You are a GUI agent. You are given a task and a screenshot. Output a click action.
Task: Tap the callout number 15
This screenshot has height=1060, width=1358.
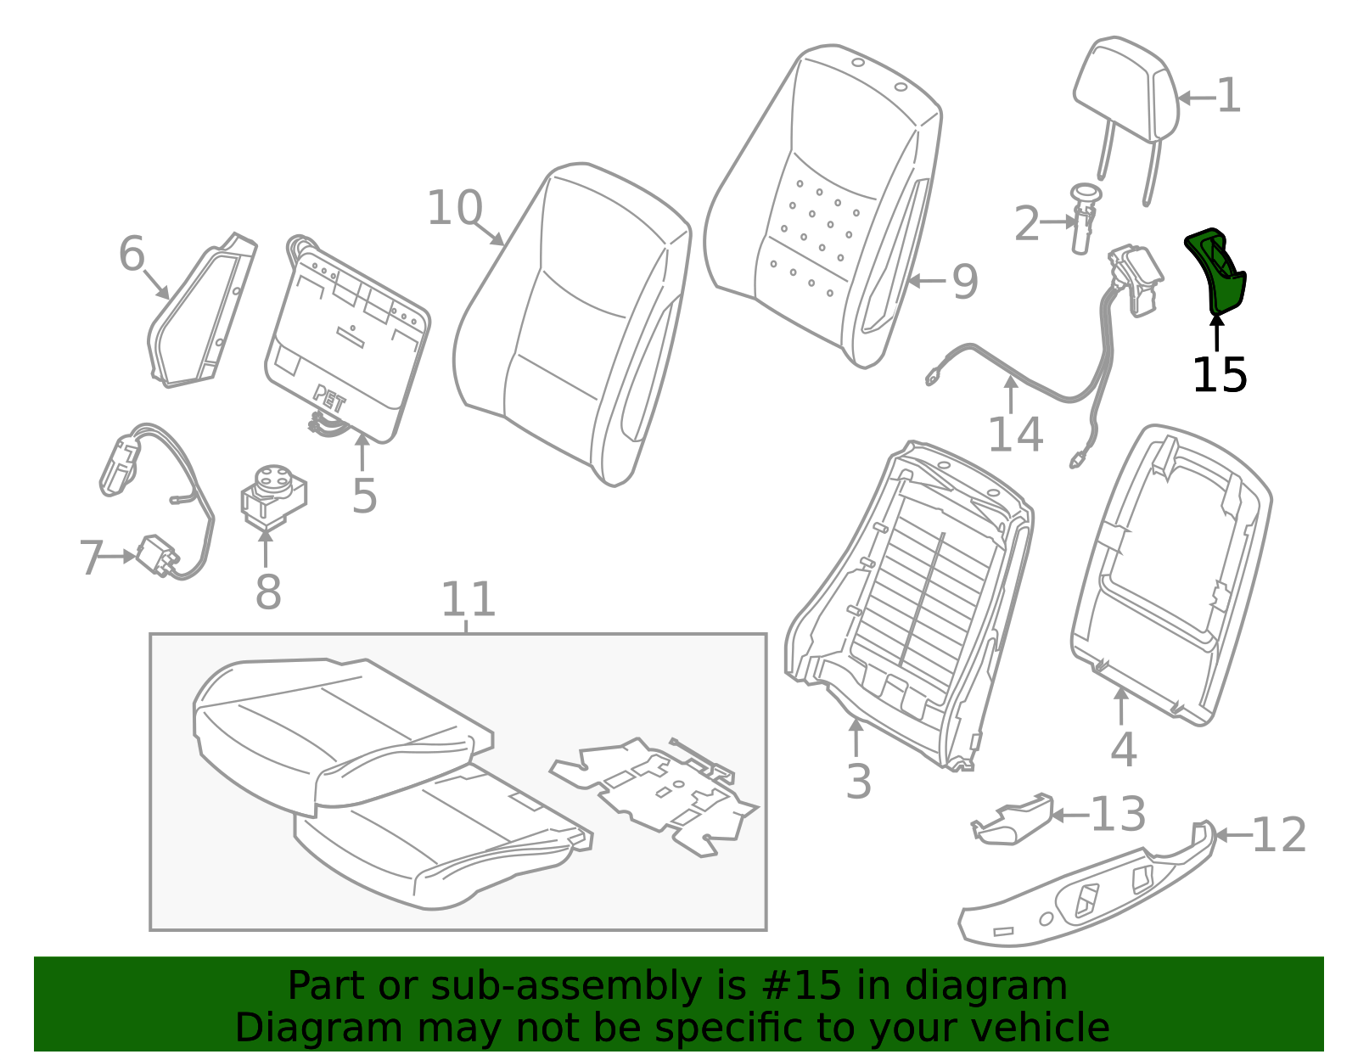click(1220, 375)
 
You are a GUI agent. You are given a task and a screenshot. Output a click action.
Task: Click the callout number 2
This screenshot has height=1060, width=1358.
click(1027, 223)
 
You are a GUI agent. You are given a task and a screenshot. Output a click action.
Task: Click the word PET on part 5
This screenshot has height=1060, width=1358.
click(329, 399)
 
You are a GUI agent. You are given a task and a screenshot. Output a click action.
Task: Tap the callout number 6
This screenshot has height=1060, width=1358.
click(132, 255)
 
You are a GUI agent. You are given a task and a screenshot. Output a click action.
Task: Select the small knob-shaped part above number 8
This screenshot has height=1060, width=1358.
click(274, 496)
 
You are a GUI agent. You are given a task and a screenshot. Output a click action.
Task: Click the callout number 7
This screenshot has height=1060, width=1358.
click(92, 558)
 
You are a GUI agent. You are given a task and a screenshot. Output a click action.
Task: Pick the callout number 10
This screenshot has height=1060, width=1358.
click(455, 207)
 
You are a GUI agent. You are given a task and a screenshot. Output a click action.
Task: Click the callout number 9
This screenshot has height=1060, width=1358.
click(965, 282)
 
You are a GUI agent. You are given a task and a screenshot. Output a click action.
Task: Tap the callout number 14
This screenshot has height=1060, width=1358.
click(1016, 435)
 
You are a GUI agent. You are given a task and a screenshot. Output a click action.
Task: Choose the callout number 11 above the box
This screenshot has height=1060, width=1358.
click(468, 599)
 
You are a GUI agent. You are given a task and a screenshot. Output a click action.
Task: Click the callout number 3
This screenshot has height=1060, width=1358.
click(859, 781)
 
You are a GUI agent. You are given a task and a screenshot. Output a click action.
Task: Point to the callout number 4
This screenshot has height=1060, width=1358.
click(1123, 749)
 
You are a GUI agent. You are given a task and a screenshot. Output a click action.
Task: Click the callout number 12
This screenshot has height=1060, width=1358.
click(1279, 835)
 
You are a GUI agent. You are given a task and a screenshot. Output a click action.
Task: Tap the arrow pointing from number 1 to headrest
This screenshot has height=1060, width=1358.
click(1197, 98)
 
